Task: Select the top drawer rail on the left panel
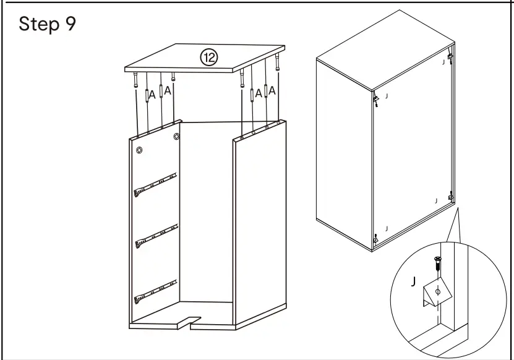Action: (x=155, y=184)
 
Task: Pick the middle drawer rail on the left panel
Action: (x=155, y=235)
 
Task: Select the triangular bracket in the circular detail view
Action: (x=435, y=294)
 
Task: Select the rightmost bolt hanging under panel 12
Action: (x=280, y=67)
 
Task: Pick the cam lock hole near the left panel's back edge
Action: (x=176, y=136)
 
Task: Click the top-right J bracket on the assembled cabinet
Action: (x=449, y=59)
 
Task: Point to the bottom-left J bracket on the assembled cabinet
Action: (x=375, y=238)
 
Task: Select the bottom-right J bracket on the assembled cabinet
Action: (x=451, y=197)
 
